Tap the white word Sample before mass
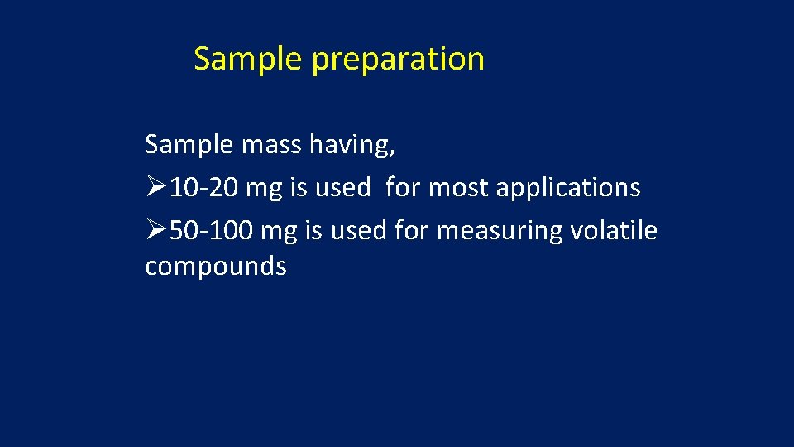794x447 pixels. click(x=189, y=145)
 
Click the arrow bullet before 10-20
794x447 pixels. click(x=156, y=188)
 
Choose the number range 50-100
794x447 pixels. click(x=212, y=230)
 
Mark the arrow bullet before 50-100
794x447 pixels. click(x=156, y=230)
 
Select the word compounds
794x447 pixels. click(x=216, y=267)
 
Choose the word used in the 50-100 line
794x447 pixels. click(x=358, y=230)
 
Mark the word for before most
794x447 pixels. click(x=403, y=188)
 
